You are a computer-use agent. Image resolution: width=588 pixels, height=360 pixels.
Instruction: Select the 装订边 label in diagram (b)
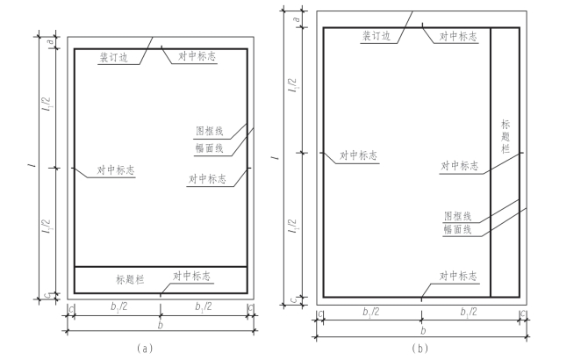coord(378,37)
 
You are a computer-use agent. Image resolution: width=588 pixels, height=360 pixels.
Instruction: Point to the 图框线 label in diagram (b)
coord(458,216)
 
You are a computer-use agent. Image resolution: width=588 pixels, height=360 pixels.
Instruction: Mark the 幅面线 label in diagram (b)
coord(458,229)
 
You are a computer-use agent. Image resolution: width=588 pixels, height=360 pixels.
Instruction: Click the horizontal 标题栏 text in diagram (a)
coord(131,279)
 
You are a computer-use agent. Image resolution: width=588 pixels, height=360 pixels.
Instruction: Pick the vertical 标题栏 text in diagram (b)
coord(506,136)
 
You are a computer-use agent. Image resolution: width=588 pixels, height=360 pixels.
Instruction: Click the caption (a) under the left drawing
coord(146,349)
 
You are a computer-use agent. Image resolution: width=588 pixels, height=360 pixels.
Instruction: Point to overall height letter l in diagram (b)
coord(277,157)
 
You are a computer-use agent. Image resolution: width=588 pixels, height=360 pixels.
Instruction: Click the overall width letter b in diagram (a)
coord(161,324)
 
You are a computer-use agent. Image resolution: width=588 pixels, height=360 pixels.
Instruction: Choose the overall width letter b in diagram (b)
coord(423,330)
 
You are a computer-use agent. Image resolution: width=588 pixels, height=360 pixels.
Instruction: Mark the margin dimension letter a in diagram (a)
coord(52,42)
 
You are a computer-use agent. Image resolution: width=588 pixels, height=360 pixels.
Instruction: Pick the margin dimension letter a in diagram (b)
coord(296,18)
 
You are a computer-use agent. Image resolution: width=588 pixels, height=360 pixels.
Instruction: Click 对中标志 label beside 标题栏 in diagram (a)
coord(192,277)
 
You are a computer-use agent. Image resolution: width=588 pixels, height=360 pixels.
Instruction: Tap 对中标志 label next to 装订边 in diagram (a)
coord(197,56)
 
